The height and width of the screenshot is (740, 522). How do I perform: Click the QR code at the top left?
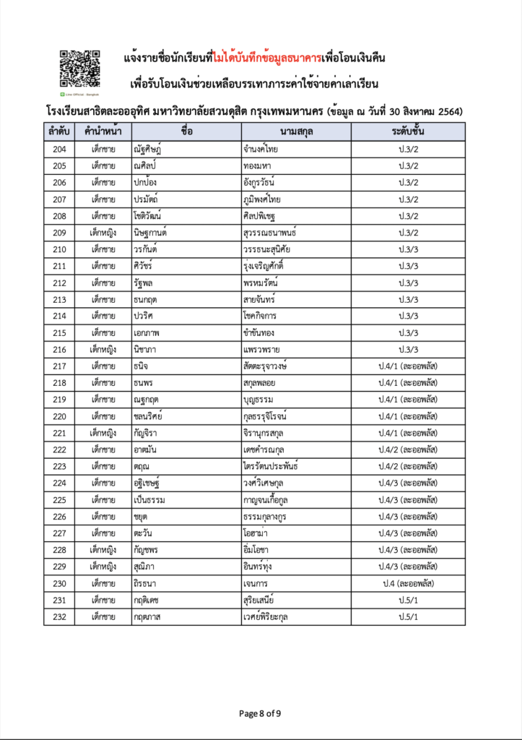click(x=79, y=70)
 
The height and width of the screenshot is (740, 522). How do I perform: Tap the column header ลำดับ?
click(x=59, y=132)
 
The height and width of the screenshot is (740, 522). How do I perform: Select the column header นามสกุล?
click(x=296, y=132)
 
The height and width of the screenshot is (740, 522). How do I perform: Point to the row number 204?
click(x=59, y=150)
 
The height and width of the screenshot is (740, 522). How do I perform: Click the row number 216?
click(x=59, y=349)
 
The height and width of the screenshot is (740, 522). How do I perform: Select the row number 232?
click(x=59, y=616)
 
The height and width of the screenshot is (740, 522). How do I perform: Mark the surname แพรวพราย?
click(x=264, y=349)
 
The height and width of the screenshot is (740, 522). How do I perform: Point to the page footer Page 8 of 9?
click(x=260, y=713)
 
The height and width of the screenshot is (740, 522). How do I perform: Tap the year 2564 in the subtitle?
click(x=448, y=111)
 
